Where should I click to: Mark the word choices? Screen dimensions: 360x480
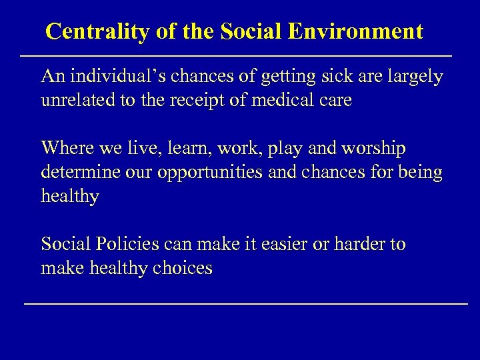(182, 269)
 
